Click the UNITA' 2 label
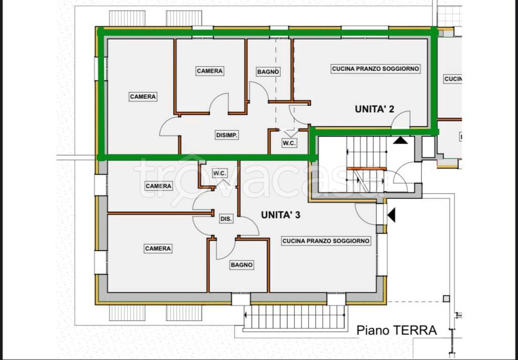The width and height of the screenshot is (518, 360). point(374,109)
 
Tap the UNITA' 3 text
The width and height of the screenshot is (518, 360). point(280,215)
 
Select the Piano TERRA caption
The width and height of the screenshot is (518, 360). point(397,330)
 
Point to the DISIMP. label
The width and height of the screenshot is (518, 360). point(227,135)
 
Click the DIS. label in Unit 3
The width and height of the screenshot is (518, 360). point(226,219)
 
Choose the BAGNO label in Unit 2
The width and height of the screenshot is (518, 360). point(268,72)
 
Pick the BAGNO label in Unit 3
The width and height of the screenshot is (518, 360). point(242,265)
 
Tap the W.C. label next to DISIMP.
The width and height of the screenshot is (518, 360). point(289,143)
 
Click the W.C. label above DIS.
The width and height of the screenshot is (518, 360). point(220,173)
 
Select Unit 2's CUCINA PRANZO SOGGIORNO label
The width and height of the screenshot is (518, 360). point(376,69)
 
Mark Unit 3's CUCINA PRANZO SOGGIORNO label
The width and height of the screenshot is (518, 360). point(326,241)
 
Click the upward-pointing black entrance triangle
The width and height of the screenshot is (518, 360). point(401,140)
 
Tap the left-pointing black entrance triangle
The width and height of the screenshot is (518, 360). point(392,215)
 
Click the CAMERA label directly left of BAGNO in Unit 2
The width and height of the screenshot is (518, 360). point(210,71)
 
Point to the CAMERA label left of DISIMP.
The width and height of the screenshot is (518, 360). point(143,97)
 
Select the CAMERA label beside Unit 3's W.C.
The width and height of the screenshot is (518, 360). point(158,186)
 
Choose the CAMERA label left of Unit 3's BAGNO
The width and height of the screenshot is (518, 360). point(158,249)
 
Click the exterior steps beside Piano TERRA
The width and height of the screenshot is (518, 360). point(294,316)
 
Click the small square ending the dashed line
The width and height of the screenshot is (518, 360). point(446,299)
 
